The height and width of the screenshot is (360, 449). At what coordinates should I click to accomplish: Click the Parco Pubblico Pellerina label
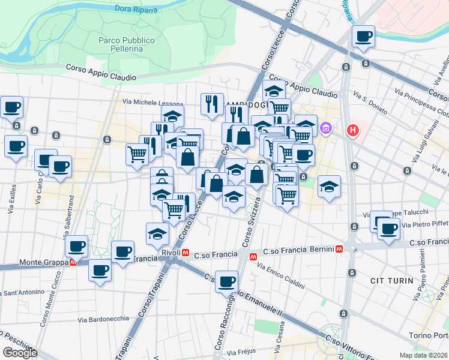tap(127, 44)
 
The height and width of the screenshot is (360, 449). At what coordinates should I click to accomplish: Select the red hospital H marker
tap(353, 129)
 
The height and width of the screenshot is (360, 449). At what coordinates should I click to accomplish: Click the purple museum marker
tap(326, 128)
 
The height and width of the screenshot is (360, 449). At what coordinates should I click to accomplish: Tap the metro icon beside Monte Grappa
tap(73, 262)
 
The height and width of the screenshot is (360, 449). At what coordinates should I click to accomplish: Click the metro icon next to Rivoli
tap(187, 254)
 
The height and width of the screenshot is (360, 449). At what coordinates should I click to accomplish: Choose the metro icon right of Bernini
tap(340, 248)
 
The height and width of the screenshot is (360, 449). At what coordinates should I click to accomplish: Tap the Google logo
tap(20, 353)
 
